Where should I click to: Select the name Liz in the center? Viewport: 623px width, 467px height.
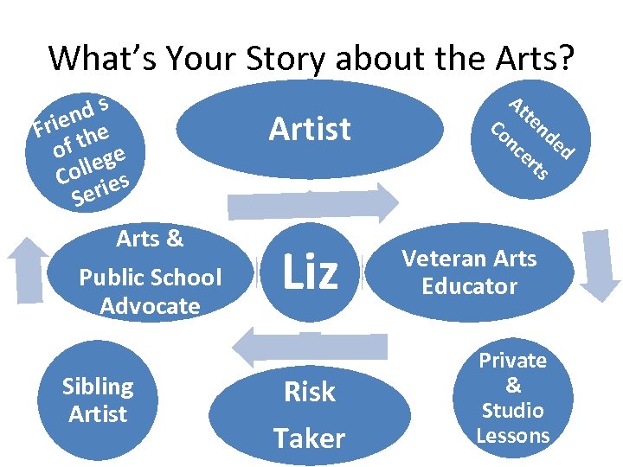309,272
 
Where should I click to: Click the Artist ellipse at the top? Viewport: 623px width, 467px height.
310,129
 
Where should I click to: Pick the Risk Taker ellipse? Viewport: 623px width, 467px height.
310,414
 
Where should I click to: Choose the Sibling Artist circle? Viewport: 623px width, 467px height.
98,400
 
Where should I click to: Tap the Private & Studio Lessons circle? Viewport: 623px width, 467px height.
513,398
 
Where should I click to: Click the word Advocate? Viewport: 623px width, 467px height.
150,306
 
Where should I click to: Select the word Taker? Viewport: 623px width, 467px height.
309,438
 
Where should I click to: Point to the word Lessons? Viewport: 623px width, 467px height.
513,435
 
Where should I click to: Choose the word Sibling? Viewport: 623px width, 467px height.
98,387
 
